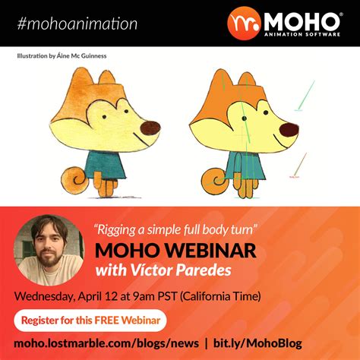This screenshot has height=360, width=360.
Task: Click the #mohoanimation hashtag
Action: coord(77,24)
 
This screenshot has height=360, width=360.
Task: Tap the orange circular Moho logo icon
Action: coord(244,24)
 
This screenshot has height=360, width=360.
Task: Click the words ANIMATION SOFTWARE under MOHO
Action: coord(302,34)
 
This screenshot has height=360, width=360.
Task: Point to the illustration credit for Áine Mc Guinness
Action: coord(62,56)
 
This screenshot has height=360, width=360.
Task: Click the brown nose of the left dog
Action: coord(150,128)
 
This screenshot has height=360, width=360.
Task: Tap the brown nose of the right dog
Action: coord(289,130)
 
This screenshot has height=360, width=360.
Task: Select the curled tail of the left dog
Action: coord(75,179)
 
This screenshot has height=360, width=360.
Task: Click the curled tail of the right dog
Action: coord(216,181)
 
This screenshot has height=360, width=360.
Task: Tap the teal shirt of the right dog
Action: coord(245,166)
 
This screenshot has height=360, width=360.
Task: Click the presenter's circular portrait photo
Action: coord(49,250)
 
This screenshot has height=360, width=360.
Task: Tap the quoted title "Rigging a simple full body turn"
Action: coord(175,230)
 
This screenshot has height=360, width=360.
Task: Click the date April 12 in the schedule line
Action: coord(98,296)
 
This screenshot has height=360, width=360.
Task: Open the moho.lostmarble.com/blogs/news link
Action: coord(106,343)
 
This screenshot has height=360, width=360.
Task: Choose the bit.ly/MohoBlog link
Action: coord(257,343)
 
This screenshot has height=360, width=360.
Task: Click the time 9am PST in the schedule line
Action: coord(155,296)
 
